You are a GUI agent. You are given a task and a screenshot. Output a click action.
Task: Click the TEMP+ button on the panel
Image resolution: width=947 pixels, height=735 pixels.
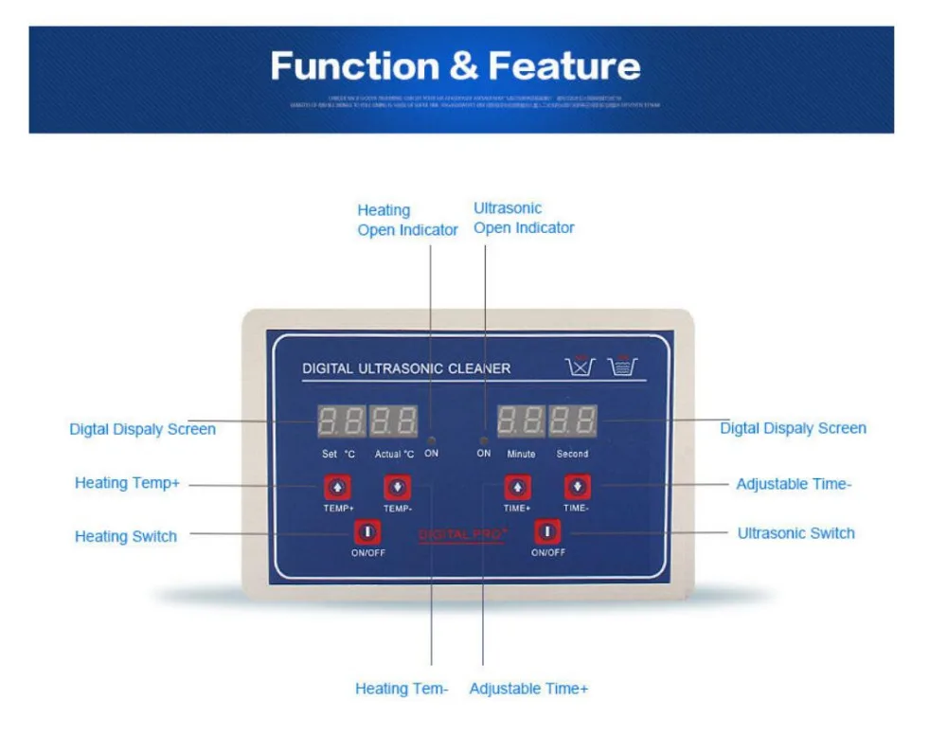[x=338, y=488]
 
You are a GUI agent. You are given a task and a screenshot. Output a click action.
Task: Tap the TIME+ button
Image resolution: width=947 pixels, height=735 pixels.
[x=517, y=488]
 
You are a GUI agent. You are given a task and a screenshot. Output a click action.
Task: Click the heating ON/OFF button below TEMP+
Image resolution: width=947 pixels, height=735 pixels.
[x=367, y=531]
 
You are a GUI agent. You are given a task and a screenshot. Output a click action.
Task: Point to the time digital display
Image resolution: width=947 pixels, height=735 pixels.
[x=546, y=420]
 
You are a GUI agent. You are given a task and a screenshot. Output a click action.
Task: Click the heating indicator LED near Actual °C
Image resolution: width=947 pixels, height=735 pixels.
[x=431, y=441]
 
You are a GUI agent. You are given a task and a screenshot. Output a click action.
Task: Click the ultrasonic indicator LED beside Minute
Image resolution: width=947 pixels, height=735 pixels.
[x=483, y=441]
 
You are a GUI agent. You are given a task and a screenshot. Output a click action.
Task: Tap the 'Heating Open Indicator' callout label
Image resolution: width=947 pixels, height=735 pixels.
[x=407, y=220]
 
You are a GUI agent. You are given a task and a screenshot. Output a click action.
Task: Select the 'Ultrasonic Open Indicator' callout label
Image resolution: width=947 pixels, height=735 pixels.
[x=524, y=218]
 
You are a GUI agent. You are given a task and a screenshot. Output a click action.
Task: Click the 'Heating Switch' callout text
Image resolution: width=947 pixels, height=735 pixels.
[x=126, y=536]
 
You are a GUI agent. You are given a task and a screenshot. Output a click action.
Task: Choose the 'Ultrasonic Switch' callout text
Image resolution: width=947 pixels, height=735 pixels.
[x=795, y=533]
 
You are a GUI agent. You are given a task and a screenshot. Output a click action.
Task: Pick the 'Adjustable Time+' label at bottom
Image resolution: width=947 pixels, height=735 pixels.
[x=528, y=689]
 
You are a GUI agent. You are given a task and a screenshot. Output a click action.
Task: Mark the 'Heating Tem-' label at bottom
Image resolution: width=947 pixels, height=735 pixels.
[x=402, y=689]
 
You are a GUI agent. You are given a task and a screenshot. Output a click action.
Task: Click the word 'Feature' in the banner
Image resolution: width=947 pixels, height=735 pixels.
[x=564, y=66]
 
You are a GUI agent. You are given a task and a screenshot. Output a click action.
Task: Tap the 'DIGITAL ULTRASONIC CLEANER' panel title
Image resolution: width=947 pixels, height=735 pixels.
[x=406, y=368]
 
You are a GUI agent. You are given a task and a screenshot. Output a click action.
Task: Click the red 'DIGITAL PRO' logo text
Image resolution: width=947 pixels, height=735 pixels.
[x=463, y=535]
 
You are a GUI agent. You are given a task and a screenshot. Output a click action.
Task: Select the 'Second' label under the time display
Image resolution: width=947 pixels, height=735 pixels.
[x=572, y=454]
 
